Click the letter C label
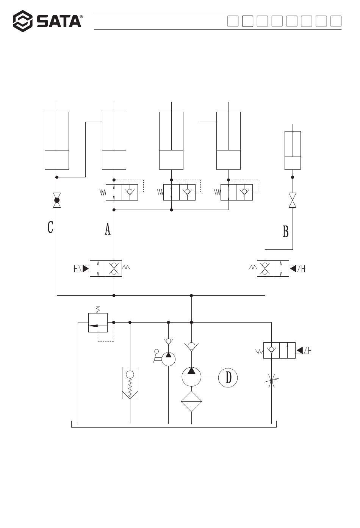pyautogui.click(x=50, y=227)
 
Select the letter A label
pyautogui.click(x=108, y=229)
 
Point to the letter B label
pyautogui.click(x=286, y=231)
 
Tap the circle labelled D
pyautogui.click(x=228, y=378)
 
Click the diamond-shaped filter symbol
pyautogui.click(x=191, y=401)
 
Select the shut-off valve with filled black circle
pyautogui.click(x=57, y=200)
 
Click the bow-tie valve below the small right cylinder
pyautogui.click(x=293, y=200)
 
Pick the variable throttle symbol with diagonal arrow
pyautogui.click(x=271, y=381)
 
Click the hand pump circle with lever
pyautogui.click(x=168, y=359)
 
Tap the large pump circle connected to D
pyautogui.click(x=191, y=377)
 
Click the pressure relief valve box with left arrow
pyautogui.click(x=98, y=323)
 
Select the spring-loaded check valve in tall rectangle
pyautogui.click(x=130, y=383)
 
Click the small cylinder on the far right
pyautogui.click(x=293, y=150)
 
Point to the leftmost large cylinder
pyautogui.click(x=57, y=141)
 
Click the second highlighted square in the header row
pyautogui.click(x=247, y=21)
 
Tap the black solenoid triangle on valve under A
pyautogui.click(x=86, y=268)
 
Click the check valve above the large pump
pyautogui.click(x=191, y=346)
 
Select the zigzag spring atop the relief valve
pyautogui.click(x=98, y=310)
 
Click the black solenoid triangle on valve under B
pyautogui.click(x=293, y=268)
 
